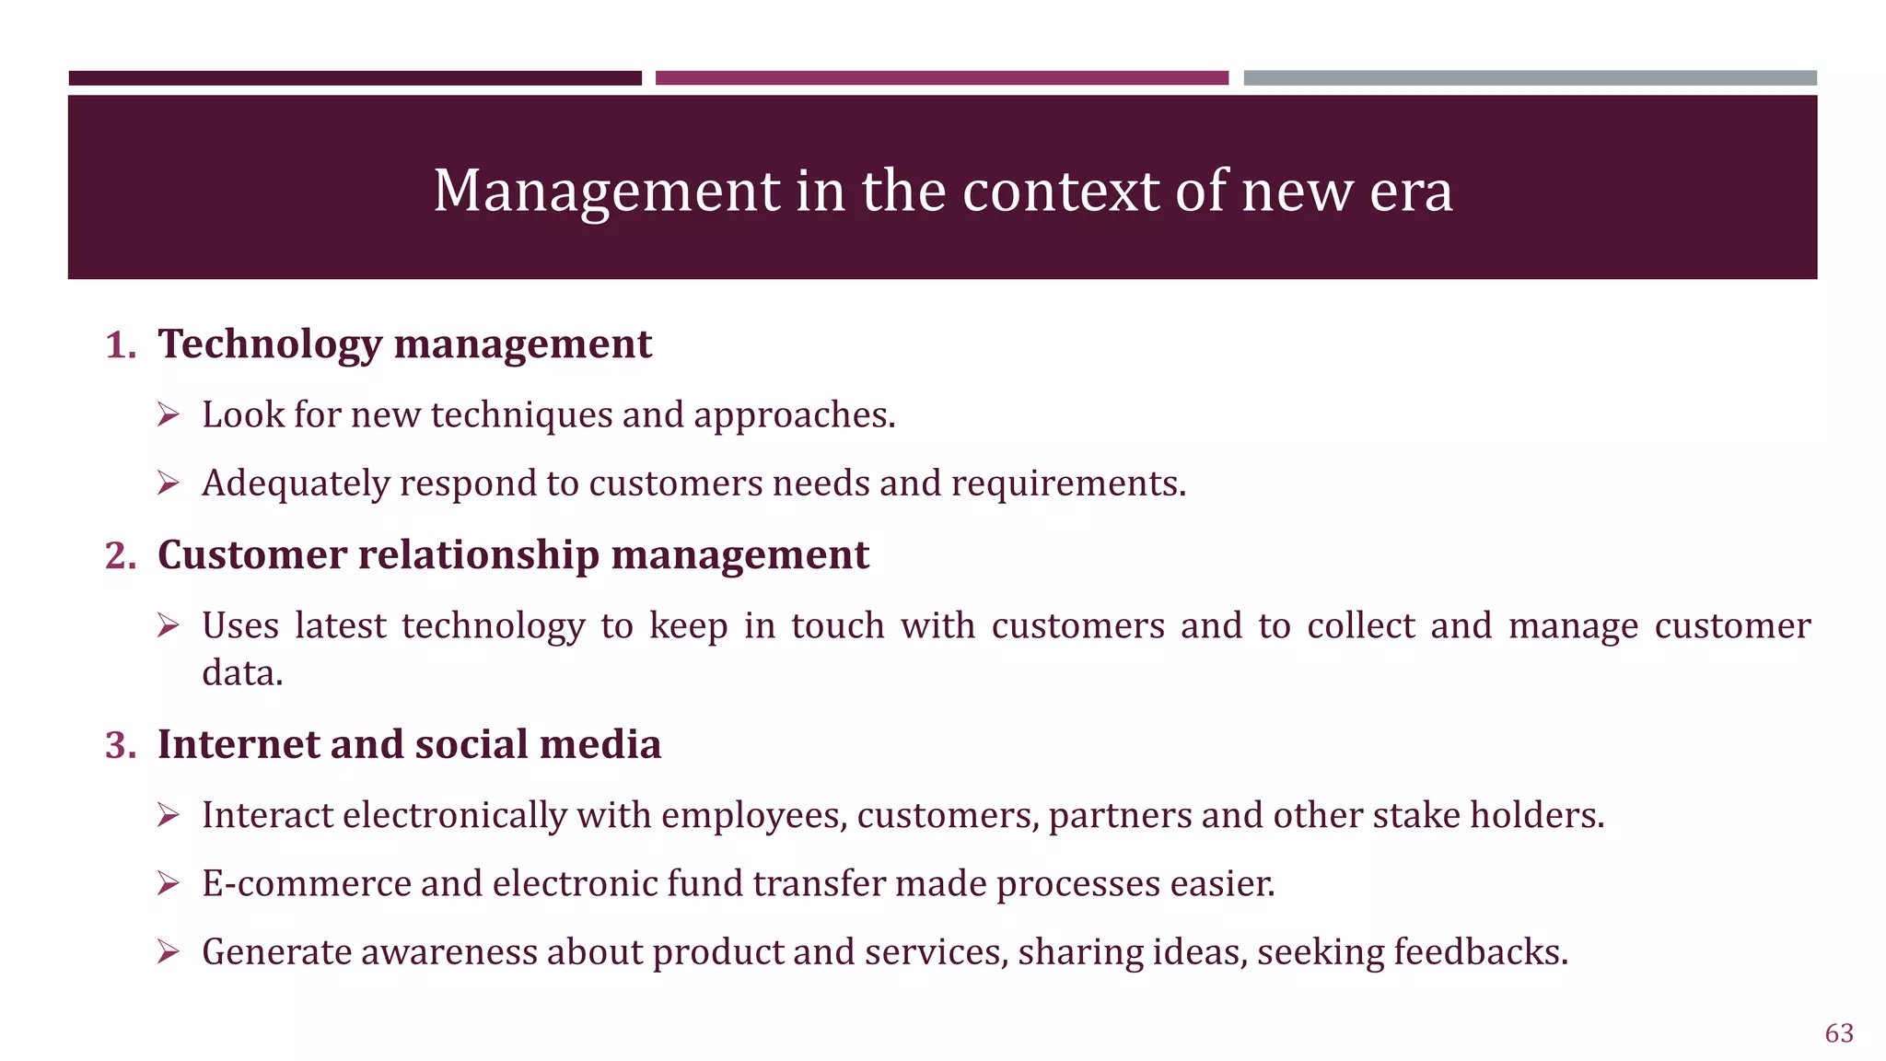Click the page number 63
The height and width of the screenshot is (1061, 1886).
point(1839,1033)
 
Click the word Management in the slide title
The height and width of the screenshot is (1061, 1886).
point(607,192)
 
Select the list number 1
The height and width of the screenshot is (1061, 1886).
point(120,345)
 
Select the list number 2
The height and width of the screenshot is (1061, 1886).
point(120,556)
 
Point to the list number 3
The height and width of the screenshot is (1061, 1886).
point(120,745)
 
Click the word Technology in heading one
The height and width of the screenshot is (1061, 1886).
point(269,345)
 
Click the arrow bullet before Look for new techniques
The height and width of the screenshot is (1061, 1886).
point(168,415)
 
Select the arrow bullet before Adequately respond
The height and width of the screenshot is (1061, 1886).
point(168,484)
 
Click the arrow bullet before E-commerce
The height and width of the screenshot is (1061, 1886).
point(168,884)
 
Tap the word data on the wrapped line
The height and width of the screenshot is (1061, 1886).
point(241,673)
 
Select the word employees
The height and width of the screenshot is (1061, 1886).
point(753,816)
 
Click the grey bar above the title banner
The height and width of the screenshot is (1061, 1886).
point(1530,78)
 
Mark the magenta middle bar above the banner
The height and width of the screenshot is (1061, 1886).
point(941,78)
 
